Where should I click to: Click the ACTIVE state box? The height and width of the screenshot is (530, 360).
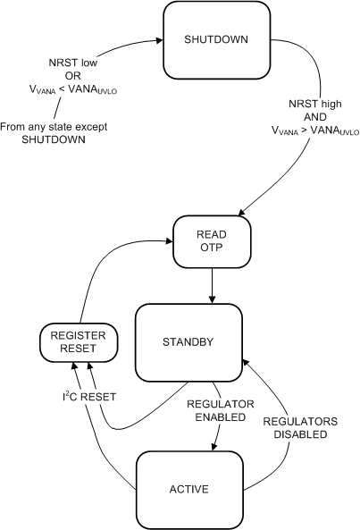[188, 489]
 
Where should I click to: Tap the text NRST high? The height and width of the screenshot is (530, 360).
[317, 104]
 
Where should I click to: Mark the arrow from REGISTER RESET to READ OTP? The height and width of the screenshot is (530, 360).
[107, 268]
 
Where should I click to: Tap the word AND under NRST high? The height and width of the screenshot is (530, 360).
[317, 117]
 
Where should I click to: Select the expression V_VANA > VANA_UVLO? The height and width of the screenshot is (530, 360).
[315, 130]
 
